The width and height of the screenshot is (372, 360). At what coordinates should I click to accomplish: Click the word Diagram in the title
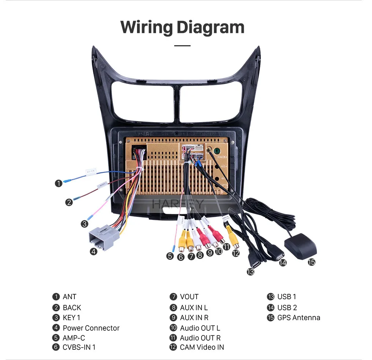coord(210,27)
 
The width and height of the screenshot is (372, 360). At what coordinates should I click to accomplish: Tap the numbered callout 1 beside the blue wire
coord(58,183)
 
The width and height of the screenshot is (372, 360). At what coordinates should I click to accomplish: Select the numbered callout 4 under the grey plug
coord(94,251)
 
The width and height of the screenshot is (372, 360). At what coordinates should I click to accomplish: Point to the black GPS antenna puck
coord(300,247)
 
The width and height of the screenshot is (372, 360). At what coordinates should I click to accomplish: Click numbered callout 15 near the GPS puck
coord(312,262)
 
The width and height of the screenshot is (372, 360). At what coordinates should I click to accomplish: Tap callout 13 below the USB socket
coord(250,272)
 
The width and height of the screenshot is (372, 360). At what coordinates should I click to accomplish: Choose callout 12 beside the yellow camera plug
coord(236,253)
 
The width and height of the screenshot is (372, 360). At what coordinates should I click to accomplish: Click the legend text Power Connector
coord(91,328)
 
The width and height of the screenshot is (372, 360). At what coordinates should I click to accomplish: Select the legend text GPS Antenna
coord(299,318)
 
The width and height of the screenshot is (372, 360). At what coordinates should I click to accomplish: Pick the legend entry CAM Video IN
coord(202,347)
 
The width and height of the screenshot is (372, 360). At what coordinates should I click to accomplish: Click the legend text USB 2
coord(287,308)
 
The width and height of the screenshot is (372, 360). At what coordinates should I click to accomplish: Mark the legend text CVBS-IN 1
coord(79,347)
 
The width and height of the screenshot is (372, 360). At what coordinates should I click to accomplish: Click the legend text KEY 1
coord(71,318)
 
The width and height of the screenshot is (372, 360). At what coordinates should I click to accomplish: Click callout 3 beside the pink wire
coord(84,224)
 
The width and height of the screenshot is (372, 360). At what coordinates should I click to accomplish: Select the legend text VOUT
coord(189,297)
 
